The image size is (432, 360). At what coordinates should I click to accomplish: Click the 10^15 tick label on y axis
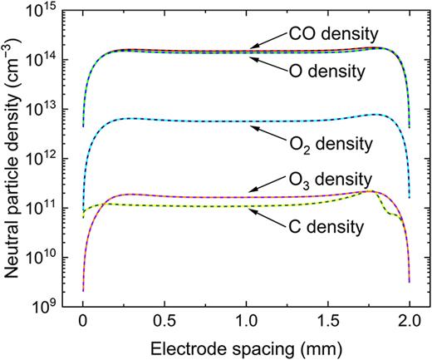[x=52, y=12]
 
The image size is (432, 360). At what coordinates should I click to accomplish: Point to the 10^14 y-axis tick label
[x=52, y=60]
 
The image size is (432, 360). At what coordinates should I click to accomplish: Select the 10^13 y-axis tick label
[x=52, y=109]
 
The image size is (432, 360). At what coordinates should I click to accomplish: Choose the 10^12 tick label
[x=52, y=157]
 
